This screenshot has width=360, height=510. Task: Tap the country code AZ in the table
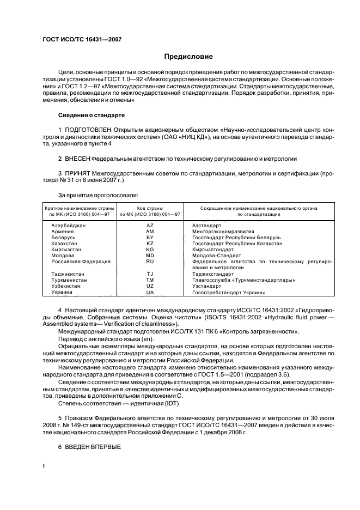click(150, 225)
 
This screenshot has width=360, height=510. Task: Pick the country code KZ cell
click(150, 244)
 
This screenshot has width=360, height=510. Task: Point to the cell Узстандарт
click(206, 286)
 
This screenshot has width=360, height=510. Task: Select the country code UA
click(150, 292)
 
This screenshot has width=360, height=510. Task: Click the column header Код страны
click(150, 208)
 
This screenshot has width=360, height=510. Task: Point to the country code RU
click(150, 262)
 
